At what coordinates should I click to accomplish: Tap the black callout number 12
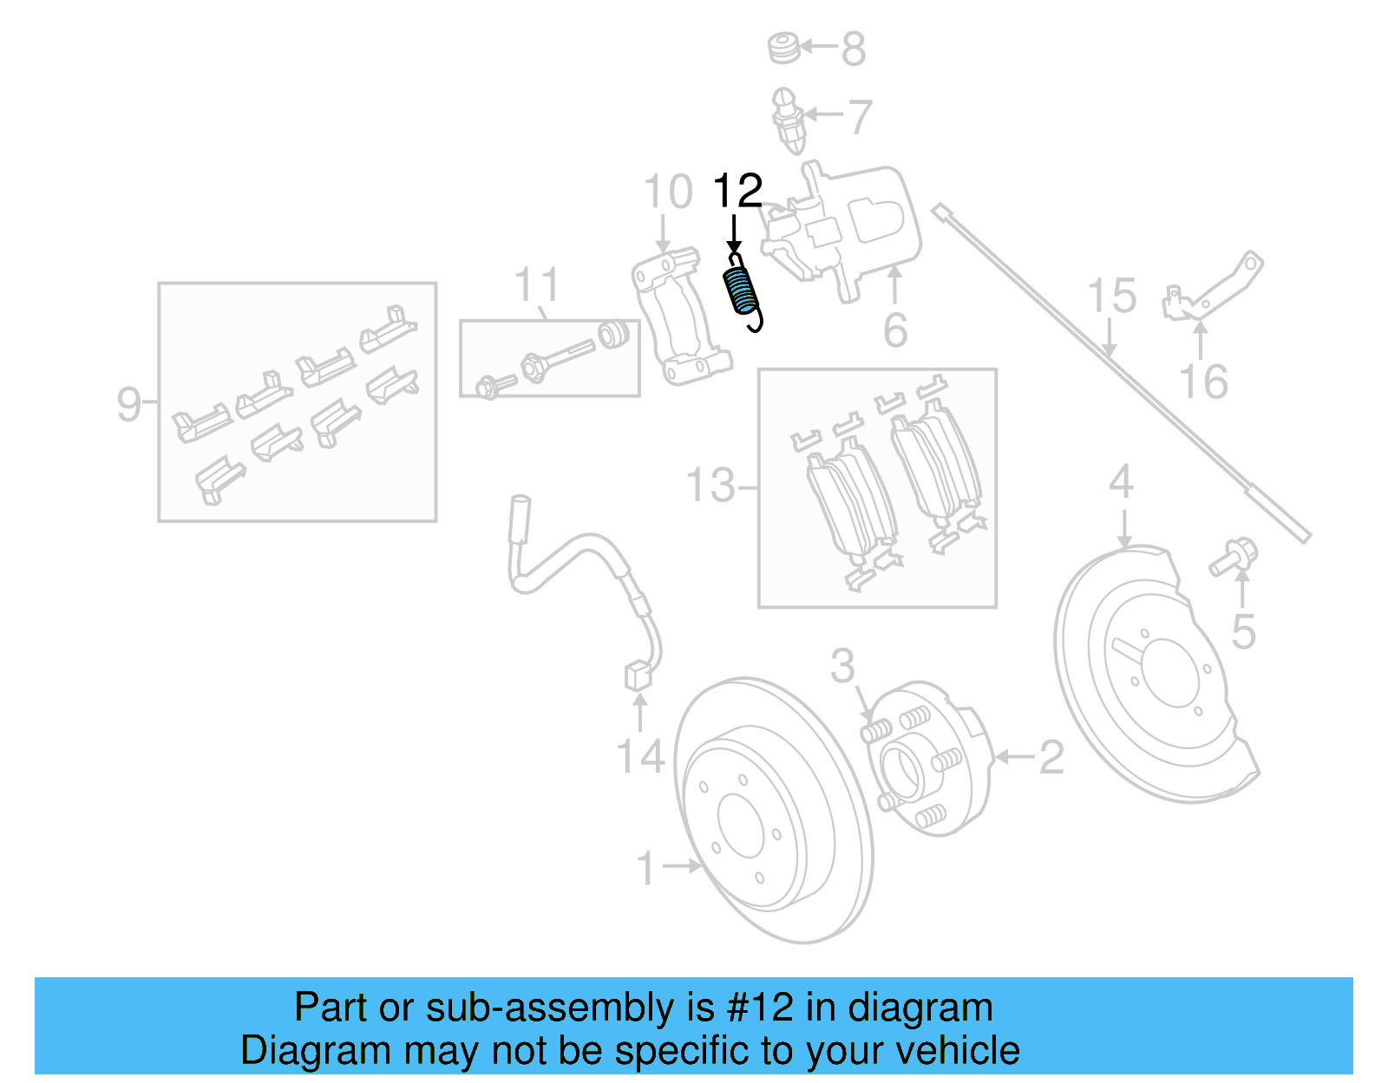(x=737, y=191)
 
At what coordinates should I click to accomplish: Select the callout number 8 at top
(x=854, y=49)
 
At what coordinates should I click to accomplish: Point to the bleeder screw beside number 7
(x=788, y=120)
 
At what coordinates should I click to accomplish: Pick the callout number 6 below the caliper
(x=895, y=330)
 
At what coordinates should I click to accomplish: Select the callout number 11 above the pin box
(x=537, y=285)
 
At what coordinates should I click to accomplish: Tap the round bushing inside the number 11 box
(x=613, y=334)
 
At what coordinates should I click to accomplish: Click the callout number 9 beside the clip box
(x=129, y=404)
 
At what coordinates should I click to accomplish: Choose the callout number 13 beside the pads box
(x=710, y=486)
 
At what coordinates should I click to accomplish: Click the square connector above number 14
(x=638, y=675)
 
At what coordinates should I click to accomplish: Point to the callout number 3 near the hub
(x=842, y=666)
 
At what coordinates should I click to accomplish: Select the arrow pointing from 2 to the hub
(x=1012, y=757)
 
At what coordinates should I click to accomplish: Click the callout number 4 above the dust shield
(x=1121, y=481)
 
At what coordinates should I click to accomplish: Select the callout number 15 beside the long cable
(x=1111, y=297)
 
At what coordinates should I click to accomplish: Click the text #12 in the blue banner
(x=759, y=1008)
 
